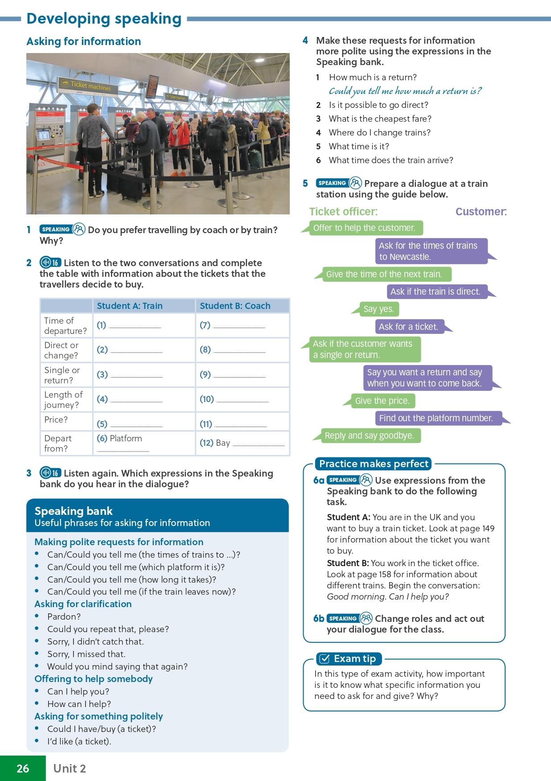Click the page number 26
click(x=23, y=768)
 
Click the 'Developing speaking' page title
click(x=104, y=19)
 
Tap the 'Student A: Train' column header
click(x=129, y=306)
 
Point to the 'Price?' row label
click(x=56, y=419)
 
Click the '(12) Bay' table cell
click(x=242, y=443)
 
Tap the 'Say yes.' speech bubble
click(x=378, y=309)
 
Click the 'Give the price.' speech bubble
click(x=382, y=401)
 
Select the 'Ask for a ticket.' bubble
click(x=408, y=327)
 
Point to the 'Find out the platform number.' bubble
click(x=436, y=418)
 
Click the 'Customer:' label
click(x=481, y=212)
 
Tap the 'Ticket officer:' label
click(x=343, y=212)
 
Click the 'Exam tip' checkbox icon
click(x=325, y=659)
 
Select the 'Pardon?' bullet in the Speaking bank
click(x=64, y=617)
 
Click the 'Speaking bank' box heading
click(x=74, y=511)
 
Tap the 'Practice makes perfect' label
click(x=374, y=464)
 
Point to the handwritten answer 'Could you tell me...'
click(x=405, y=91)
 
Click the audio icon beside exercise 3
click(x=50, y=473)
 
